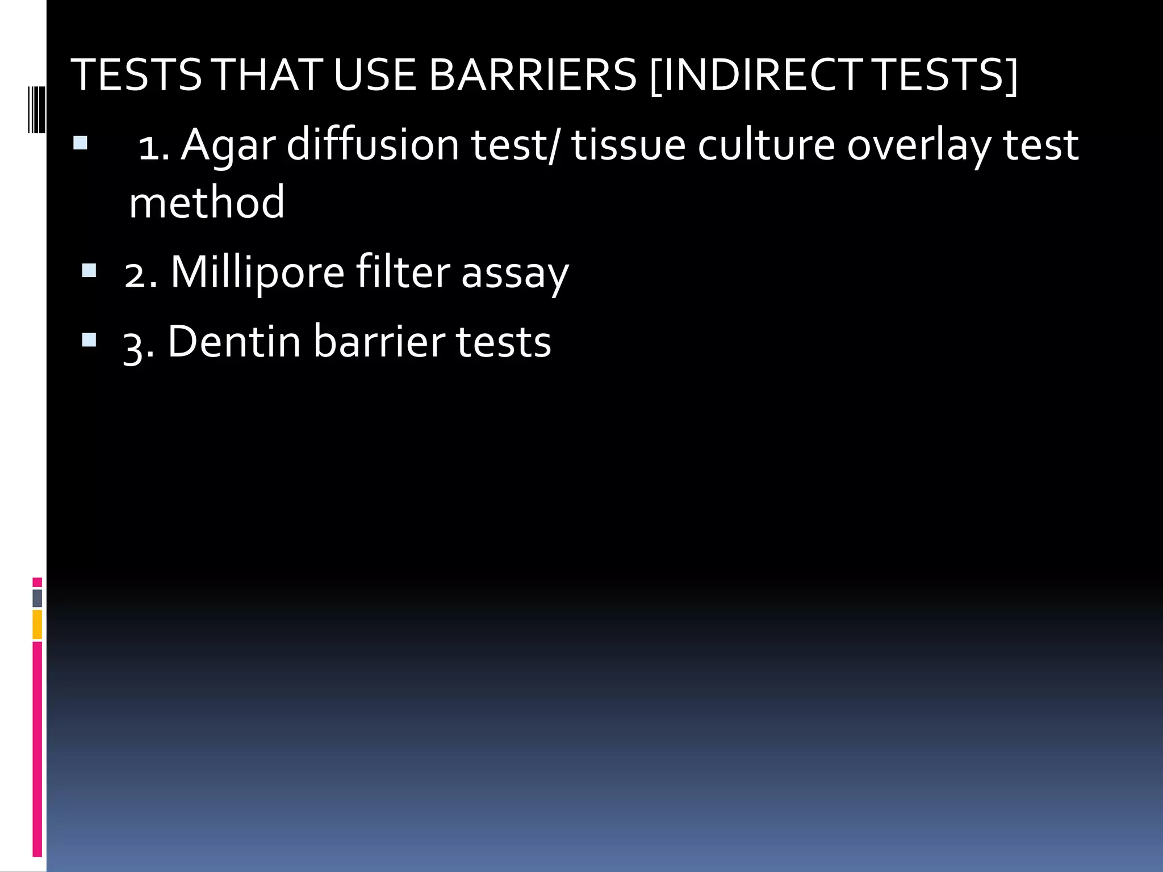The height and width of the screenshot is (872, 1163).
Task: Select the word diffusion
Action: pos(373,145)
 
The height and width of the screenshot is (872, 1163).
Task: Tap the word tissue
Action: pos(629,145)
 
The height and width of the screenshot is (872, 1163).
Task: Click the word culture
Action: pos(766,145)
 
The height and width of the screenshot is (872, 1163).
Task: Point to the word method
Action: pos(207,203)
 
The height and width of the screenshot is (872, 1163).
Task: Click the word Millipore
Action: pos(257,274)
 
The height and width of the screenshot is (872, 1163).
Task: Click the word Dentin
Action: pos(234,342)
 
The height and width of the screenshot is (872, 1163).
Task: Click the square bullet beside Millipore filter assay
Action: pos(89,270)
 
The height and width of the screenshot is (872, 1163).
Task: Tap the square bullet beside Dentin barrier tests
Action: pos(89,339)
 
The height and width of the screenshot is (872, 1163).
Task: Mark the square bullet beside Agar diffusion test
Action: pos(80,142)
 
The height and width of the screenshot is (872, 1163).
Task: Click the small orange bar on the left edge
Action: pos(37,624)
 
